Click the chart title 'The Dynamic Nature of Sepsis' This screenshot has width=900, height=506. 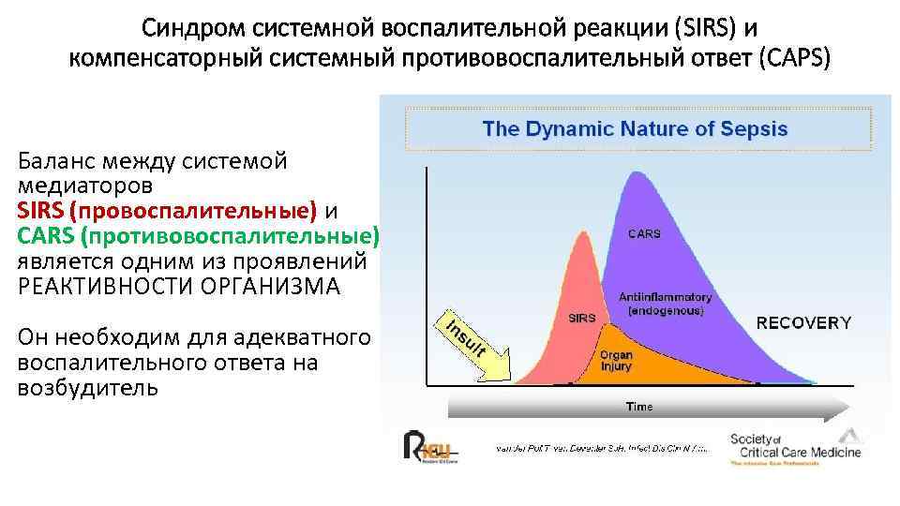635,128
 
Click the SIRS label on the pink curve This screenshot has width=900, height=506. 582,318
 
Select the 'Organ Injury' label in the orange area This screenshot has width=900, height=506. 616,361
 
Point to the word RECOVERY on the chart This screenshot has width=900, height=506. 803,322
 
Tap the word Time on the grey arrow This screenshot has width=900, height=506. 638,407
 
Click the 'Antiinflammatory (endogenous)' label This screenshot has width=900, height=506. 666,303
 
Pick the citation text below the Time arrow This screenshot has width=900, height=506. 601,449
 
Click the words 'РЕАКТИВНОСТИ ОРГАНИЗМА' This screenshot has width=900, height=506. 178,286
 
